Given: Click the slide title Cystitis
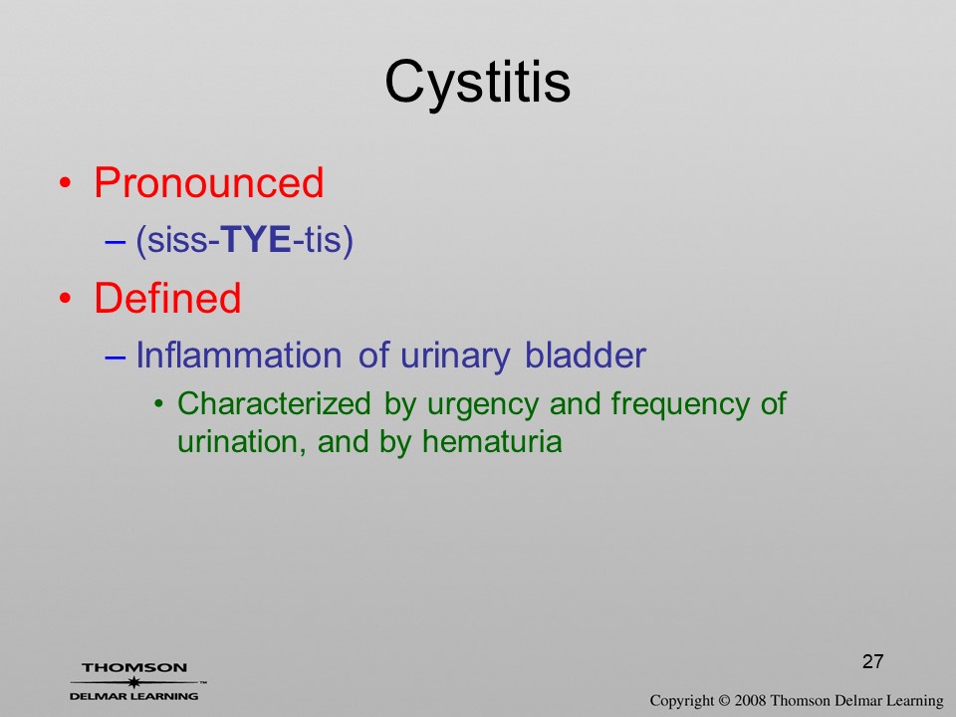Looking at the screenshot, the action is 477,84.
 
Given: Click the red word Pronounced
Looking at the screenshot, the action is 208,182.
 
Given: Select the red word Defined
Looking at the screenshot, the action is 167,298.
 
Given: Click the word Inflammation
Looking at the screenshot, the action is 238,355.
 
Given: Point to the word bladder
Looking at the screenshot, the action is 586,355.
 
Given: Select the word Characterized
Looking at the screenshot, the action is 274,403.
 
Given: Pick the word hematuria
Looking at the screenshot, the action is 492,441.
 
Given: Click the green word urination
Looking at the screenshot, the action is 241,442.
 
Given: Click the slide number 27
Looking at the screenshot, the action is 873,661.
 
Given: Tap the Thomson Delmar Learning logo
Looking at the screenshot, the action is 134,681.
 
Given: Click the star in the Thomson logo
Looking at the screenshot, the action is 134,682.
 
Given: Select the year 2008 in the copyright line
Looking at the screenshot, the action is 750,700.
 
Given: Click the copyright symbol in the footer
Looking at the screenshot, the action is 724,700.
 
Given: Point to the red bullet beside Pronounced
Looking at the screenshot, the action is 66,183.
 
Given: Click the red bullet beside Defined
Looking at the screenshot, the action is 66,298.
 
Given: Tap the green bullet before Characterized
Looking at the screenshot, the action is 159,403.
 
